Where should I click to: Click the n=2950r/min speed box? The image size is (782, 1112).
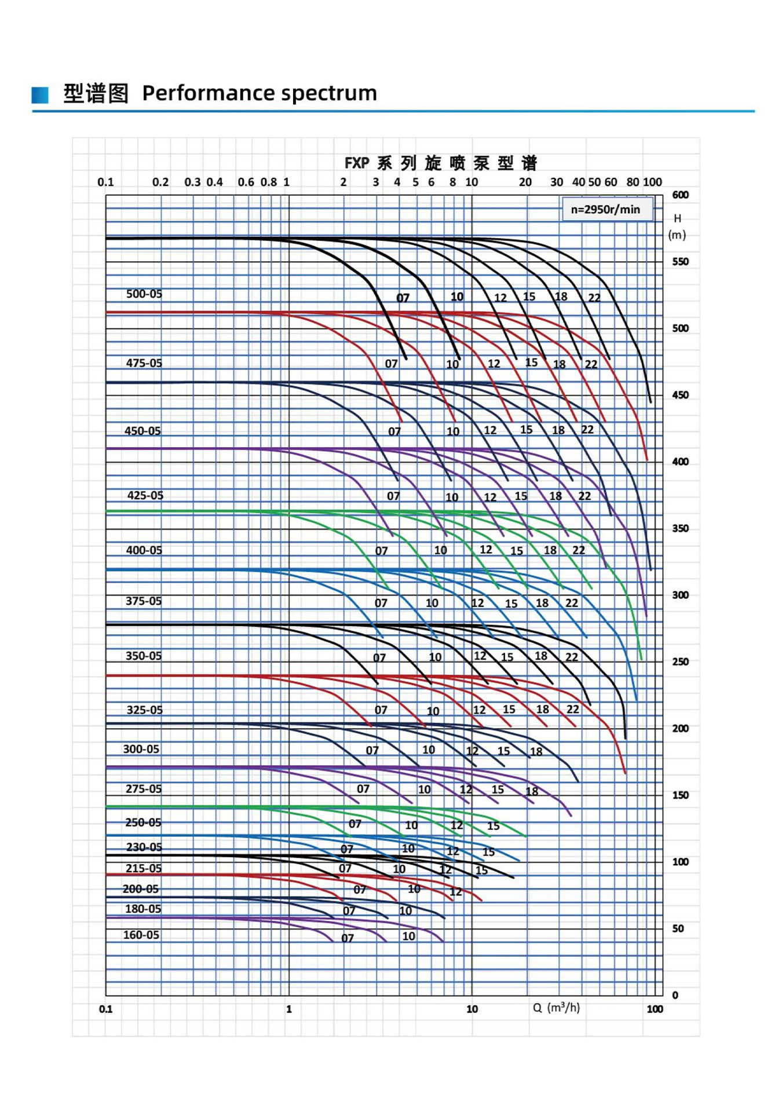click(x=606, y=209)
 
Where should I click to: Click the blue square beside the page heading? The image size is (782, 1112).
click(x=40, y=94)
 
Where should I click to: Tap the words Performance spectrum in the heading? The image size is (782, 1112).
click(x=260, y=93)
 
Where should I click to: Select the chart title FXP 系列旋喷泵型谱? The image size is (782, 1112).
click(x=440, y=163)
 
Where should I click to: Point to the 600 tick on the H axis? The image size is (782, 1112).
click(x=680, y=195)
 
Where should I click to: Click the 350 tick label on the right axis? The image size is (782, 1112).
click(x=680, y=528)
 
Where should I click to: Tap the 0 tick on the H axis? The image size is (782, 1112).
click(x=675, y=995)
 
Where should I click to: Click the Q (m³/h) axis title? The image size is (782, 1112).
click(x=556, y=1008)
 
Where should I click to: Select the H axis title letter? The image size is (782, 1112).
click(x=677, y=218)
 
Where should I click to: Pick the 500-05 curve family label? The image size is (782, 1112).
click(x=144, y=294)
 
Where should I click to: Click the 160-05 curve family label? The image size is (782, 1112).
click(x=141, y=935)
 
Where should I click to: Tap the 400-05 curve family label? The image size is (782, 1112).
click(x=144, y=550)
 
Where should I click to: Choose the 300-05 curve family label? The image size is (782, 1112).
click(x=141, y=749)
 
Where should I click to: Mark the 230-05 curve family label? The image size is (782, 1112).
click(x=144, y=847)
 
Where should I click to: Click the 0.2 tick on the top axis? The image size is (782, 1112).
click(x=160, y=182)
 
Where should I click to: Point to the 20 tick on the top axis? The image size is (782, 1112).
click(x=525, y=182)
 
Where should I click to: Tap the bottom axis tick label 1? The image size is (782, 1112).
click(x=289, y=1009)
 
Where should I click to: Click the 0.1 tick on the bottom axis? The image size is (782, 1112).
click(x=105, y=1009)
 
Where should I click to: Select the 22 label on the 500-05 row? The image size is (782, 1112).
click(x=594, y=298)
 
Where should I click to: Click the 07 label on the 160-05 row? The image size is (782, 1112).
click(x=347, y=938)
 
